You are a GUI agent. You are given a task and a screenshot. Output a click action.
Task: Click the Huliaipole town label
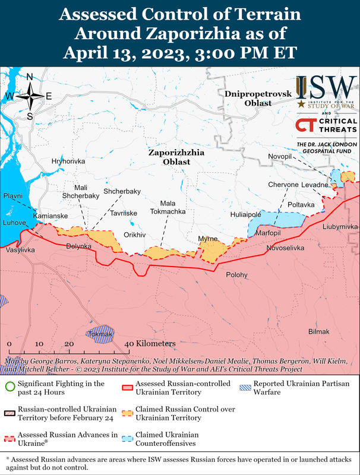coord(245,214)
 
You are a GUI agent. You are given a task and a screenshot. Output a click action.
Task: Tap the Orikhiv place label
coord(134,235)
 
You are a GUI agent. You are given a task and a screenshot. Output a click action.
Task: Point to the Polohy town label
coord(237,275)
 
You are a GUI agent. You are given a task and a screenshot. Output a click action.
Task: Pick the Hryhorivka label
coord(68,161)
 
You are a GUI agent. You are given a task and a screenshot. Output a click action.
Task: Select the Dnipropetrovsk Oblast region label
coord(248,99)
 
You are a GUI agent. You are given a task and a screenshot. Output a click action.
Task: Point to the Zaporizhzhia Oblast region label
coord(176,157)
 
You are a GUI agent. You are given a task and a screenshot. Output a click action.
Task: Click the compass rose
coord(29,96)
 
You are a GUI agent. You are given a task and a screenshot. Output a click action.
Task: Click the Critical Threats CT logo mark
coord(305,126)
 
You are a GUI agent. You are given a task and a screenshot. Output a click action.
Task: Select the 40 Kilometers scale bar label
coord(151,344)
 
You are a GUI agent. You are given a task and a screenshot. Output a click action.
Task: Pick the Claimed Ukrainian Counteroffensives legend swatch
coord(127,438)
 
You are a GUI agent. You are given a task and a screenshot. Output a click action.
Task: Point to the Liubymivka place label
coord(340,227)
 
